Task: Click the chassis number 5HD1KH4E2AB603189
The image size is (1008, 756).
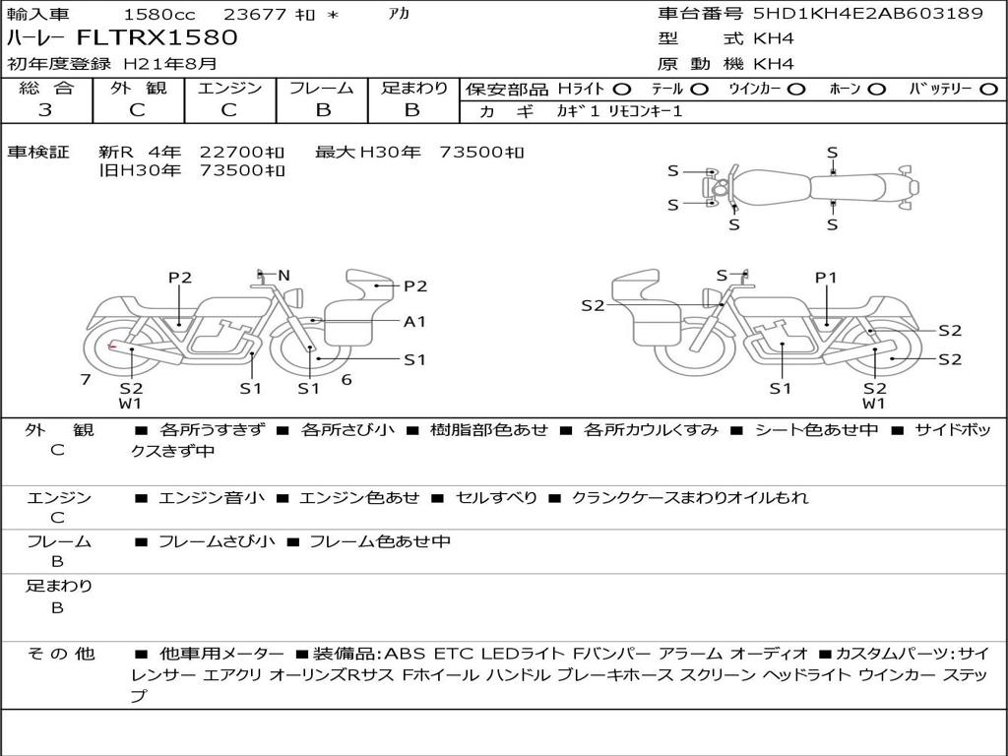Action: tap(868, 13)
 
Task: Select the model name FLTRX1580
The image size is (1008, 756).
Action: tap(157, 37)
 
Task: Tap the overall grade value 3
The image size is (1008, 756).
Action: tap(45, 110)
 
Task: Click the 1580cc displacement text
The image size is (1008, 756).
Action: tap(158, 14)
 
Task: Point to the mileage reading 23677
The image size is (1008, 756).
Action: tap(257, 14)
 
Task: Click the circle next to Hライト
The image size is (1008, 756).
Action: tap(622, 90)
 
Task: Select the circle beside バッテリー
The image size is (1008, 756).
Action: tap(988, 90)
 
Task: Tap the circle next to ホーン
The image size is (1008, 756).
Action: tap(877, 90)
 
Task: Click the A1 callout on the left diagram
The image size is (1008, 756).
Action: tap(414, 322)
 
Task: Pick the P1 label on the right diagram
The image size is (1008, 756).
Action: tap(826, 278)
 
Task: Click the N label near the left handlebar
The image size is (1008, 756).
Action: tap(283, 276)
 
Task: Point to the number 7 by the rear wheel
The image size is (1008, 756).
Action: tap(86, 379)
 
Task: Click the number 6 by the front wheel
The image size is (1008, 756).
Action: tap(346, 379)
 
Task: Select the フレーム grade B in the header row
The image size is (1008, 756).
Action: tap(323, 110)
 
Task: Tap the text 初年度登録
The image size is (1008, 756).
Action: tap(59, 64)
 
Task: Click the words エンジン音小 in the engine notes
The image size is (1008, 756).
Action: tap(212, 497)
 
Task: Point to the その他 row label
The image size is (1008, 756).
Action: tap(61, 654)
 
